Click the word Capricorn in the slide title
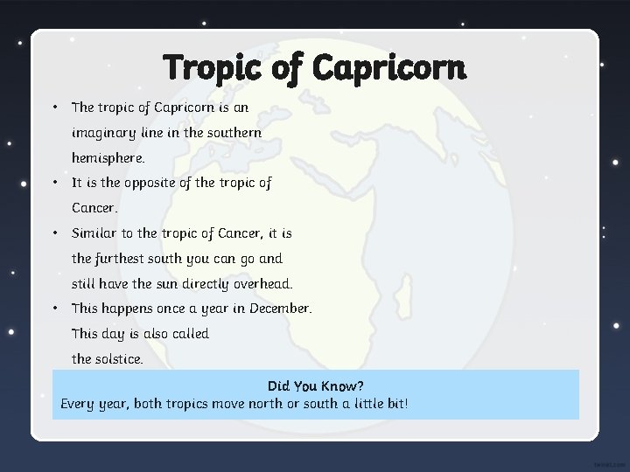pyautogui.click(x=388, y=67)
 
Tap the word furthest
pyautogui.click(x=120, y=259)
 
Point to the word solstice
pyautogui.click(x=119, y=359)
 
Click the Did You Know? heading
pyautogui.click(x=316, y=385)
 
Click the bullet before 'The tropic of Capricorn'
pyautogui.click(x=54, y=108)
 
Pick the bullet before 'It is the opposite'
pyautogui.click(x=54, y=183)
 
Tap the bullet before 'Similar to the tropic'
pyautogui.click(x=54, y=233)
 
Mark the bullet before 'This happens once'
pyautogui.click(x=54, y=309)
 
